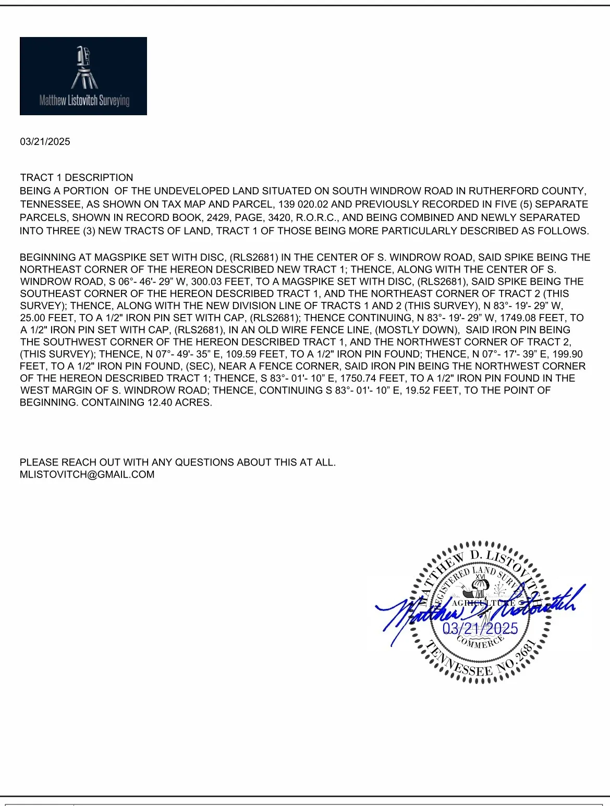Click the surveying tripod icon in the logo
click(84, 68)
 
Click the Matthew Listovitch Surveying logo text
click(84, 100)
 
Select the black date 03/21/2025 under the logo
click(45, 142)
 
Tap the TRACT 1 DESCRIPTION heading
click(77, 177)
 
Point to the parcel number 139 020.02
click(303, 204)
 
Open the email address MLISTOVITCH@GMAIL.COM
click(87, 474)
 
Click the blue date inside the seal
click(480, 628)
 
